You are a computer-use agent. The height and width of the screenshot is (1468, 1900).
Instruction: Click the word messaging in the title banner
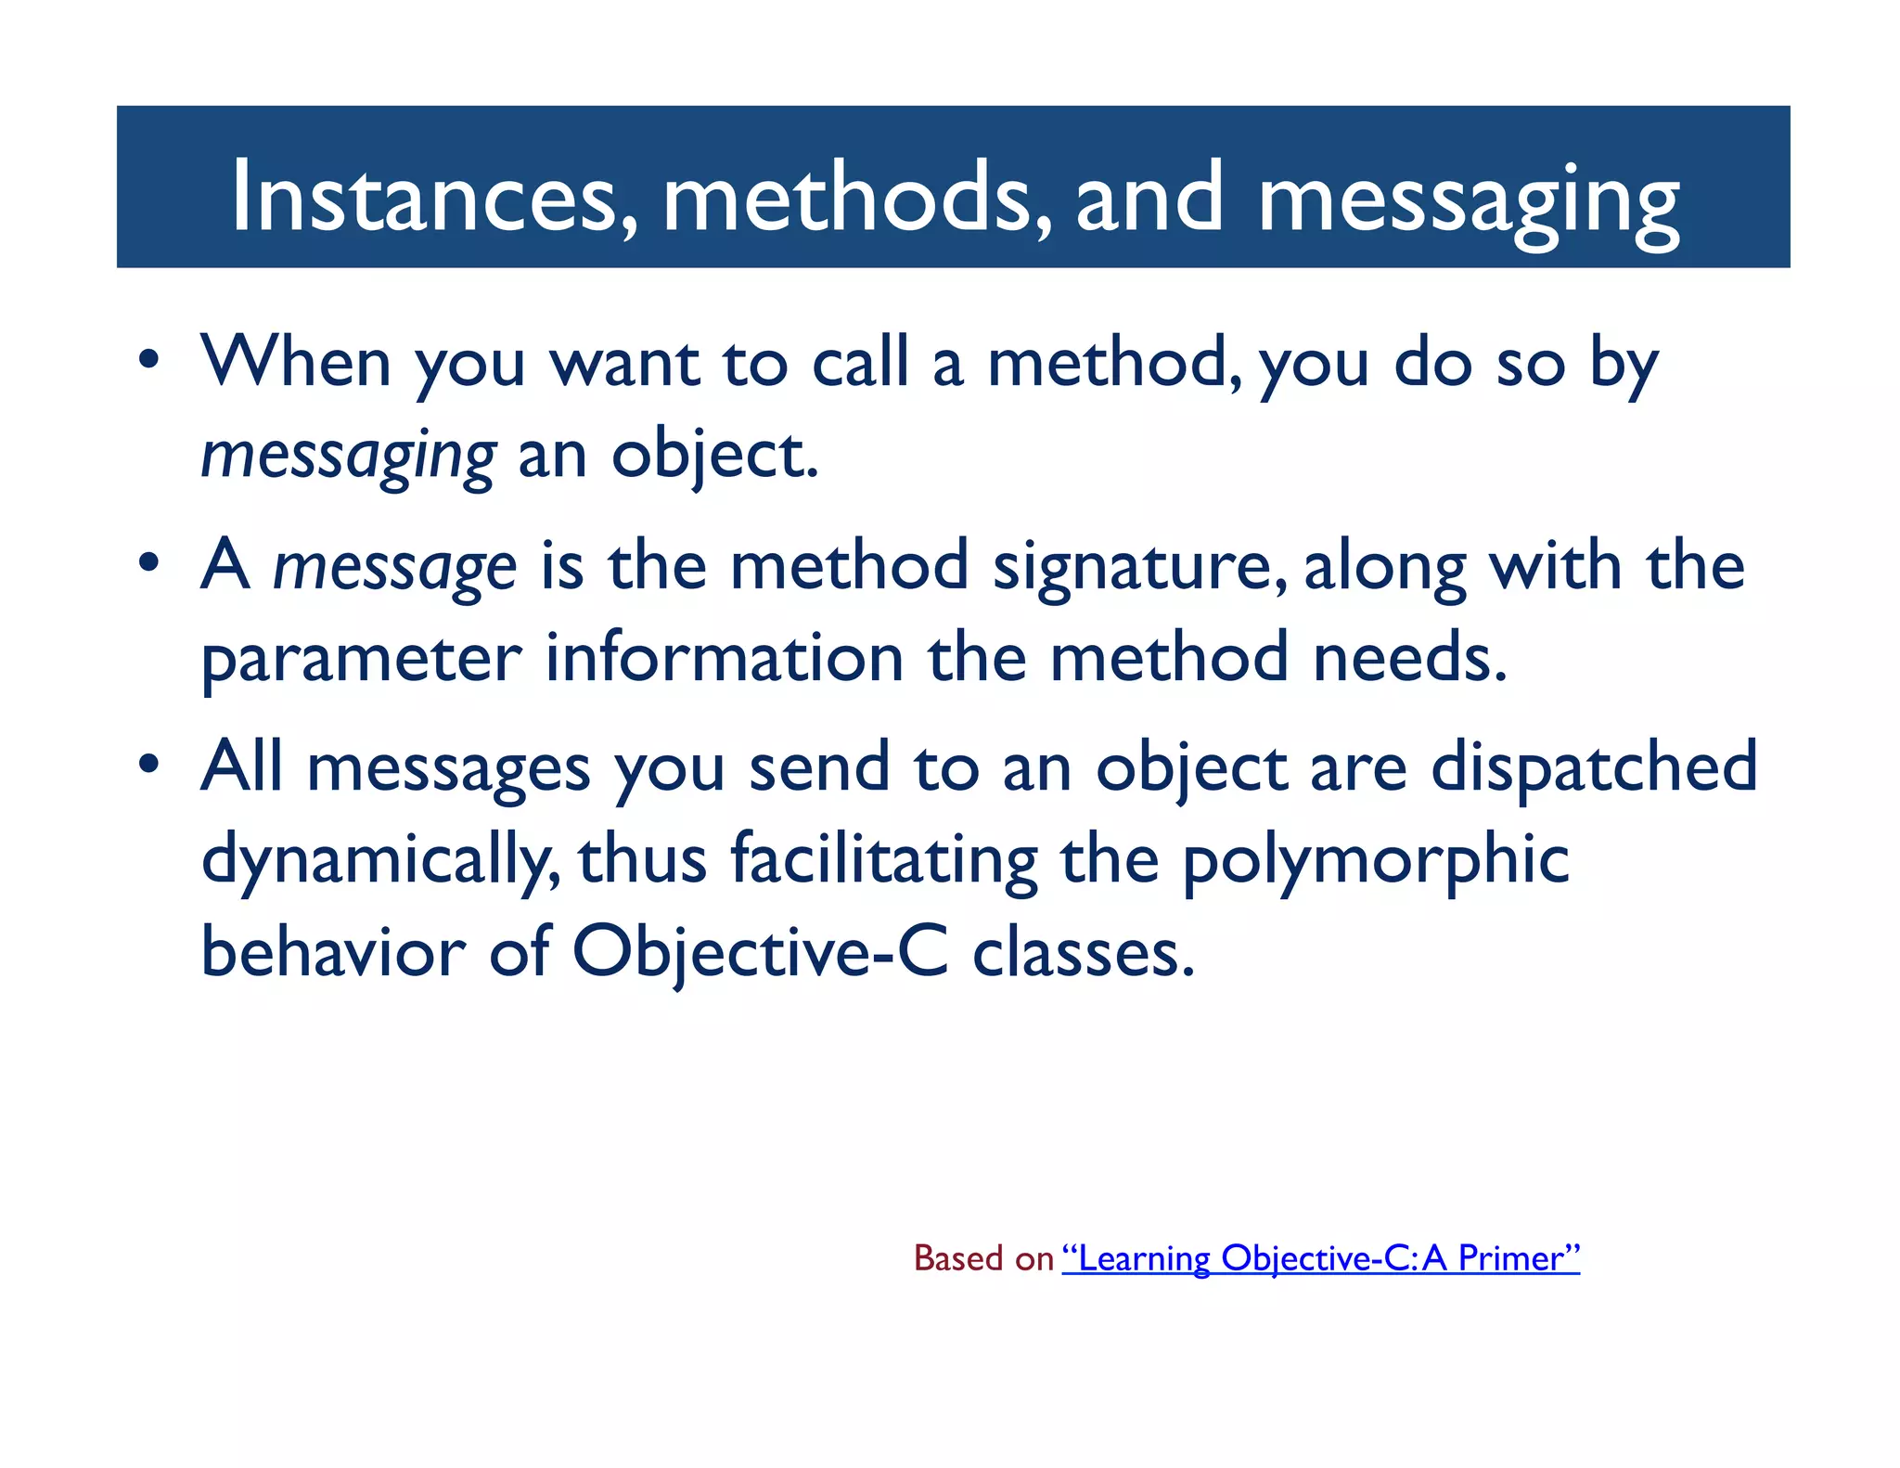pyautogui.click(x=1468, y=200)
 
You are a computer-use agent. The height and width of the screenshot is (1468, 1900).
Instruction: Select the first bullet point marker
pyautogui.click(x=149, y=360)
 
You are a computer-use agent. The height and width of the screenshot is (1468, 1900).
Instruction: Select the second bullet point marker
pyautogui.click(x=149, y=562)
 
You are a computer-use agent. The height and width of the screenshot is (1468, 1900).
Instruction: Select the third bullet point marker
pyautogui.click(x=149, y=766)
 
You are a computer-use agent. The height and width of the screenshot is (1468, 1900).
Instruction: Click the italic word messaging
pyautogui.click(x=349, y=456)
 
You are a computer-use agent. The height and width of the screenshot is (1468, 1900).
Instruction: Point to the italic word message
pyautogui.click(x=394, y=566)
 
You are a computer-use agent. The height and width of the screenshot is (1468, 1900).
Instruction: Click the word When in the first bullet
pyautogui.click(x=296, y=362)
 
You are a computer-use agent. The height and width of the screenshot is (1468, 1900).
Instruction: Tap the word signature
pyautogui.click(x=1139, y=566)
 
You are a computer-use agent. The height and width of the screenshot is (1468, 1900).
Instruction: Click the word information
pyautogui.click(x=724, y=657)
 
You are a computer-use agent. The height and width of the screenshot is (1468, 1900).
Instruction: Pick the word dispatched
pyautogui.click(x=1594, y=768)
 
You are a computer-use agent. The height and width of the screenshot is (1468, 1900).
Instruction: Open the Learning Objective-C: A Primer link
pyautogui.click(x=1320, y=1258)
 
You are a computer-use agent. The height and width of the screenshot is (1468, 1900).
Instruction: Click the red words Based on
pyautogui.click(x=983, y=1258)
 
